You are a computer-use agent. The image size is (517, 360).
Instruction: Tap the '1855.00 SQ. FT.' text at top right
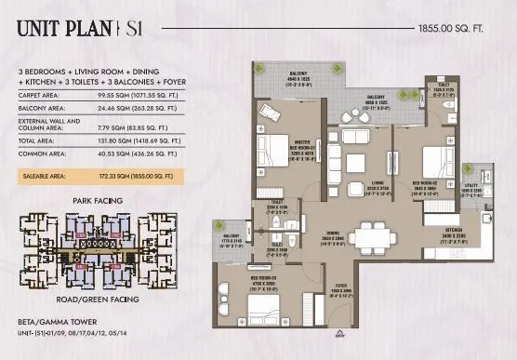click(x=455, y=30)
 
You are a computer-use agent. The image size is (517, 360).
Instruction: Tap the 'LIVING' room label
click(x=352, y=183)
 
